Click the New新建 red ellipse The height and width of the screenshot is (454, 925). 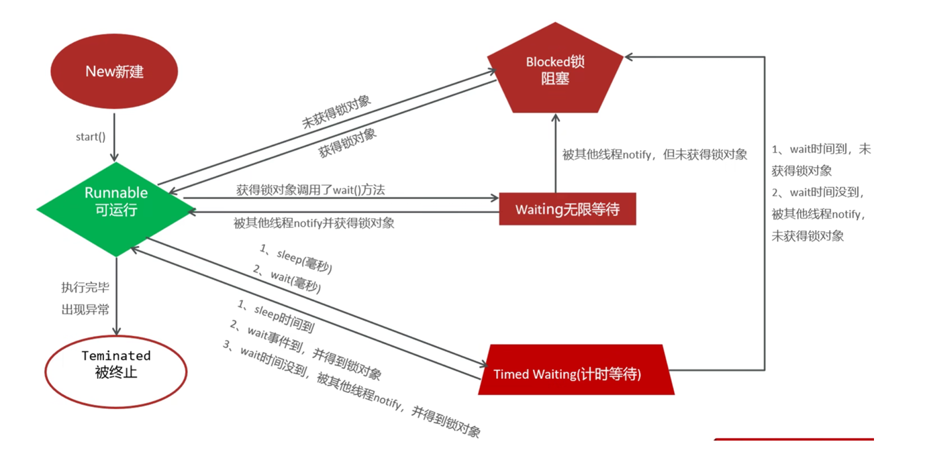[x=115, y=72]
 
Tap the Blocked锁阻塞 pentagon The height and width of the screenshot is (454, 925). [x=555, y=70]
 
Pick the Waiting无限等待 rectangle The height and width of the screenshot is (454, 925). [x=567, y=209]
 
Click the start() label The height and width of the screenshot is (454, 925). [x=91, y=137]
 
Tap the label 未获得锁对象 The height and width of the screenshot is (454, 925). [x=336, y=111]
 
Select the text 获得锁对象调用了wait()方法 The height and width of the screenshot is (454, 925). [x=311, y=190]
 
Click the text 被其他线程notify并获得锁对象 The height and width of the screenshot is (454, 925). [x=313, y=223]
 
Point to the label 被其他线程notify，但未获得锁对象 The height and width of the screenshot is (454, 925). [x=654, y=154]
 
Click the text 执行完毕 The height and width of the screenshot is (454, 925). [x=85, y=288]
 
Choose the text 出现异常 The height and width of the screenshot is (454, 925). [x=85, y=309]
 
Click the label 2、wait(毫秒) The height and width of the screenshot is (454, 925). [x=287, y=279]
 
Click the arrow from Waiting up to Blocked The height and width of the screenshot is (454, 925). [x=555, y=154]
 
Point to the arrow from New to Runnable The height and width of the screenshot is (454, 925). [x=115, y=137]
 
